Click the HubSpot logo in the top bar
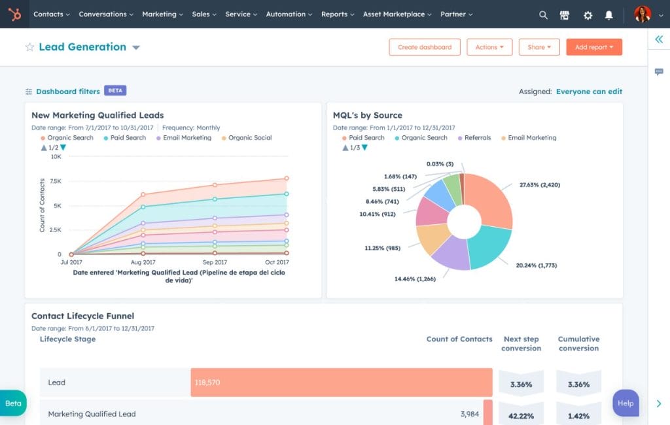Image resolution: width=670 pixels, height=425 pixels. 14,14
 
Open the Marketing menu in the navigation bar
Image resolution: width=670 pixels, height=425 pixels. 162,14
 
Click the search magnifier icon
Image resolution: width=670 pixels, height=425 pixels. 543,14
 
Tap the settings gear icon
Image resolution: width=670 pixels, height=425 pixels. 588,14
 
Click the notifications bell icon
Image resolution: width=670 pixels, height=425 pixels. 609,14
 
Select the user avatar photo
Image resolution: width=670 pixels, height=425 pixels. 643,14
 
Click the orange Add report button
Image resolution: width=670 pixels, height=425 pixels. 593,47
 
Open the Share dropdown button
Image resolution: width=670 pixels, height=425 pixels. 539,47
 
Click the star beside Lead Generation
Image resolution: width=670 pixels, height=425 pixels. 29,47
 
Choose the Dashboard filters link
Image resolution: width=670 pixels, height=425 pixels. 67,92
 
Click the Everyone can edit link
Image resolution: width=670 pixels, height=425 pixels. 589,92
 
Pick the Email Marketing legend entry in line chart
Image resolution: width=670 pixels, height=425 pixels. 187,138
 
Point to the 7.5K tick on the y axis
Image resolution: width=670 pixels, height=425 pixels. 55,181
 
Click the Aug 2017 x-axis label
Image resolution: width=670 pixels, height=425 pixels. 143,262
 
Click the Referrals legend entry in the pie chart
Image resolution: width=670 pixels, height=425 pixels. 477,138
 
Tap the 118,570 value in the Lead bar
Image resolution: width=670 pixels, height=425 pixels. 207,382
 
